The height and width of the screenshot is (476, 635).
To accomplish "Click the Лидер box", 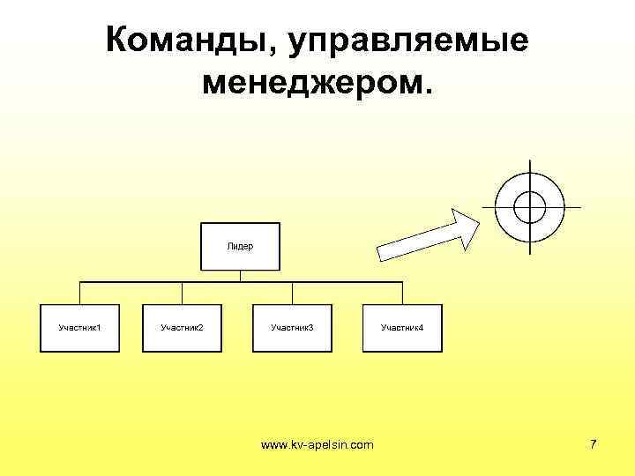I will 240,246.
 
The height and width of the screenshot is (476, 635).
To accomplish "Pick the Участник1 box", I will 79,329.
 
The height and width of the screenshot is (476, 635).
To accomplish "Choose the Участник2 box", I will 182,329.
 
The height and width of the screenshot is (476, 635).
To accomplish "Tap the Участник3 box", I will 292,329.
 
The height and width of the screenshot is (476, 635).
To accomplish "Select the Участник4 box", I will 401,329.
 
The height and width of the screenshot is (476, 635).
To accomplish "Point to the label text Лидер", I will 240,246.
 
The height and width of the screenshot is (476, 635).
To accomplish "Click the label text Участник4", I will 401,328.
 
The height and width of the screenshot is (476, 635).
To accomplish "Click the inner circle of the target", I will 529,206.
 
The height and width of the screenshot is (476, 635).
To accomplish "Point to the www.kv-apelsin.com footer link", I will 317,445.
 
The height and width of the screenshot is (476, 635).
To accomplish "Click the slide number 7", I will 594,444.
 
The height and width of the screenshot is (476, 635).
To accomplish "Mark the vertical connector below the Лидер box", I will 240,276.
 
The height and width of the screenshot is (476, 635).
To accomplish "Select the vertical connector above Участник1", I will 79,294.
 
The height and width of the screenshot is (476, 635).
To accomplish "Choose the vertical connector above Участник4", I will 401,294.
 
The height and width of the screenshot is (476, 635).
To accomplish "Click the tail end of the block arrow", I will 385,251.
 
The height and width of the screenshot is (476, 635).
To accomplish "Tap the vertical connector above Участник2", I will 182,294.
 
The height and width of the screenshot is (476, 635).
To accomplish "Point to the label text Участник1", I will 79,328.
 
